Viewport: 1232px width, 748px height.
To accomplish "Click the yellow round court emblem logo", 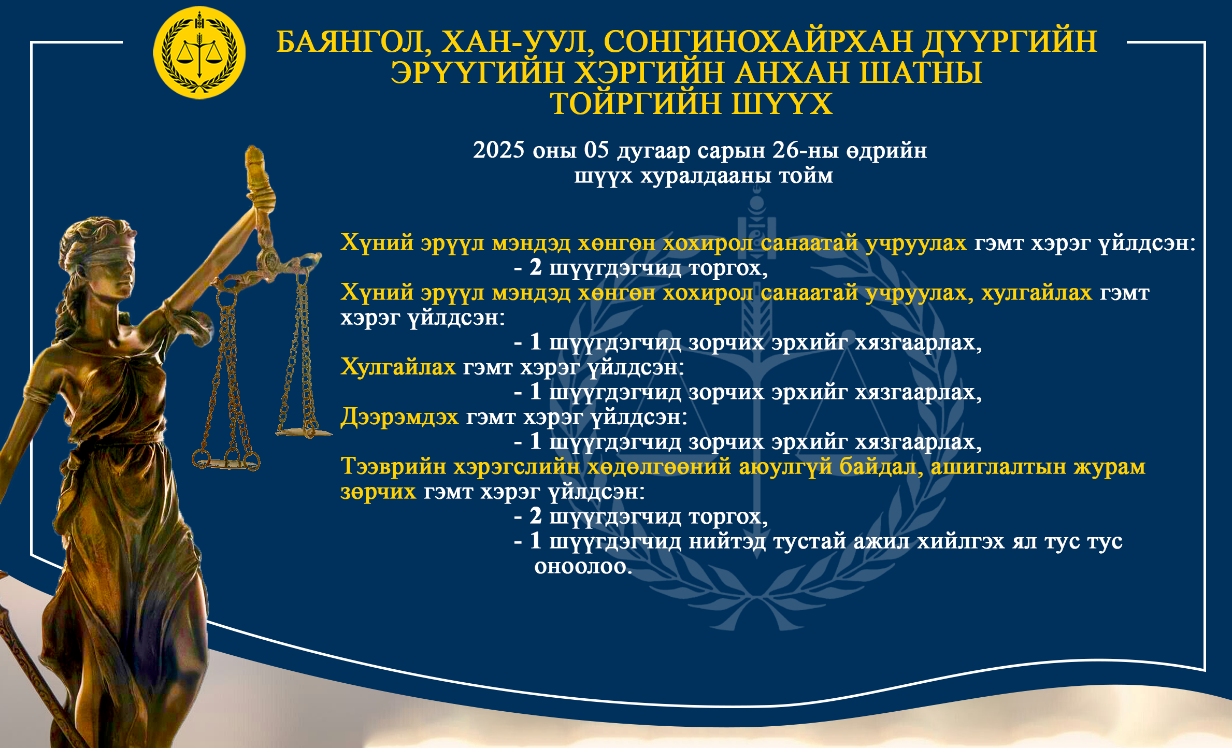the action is pyautogui.click(x=199, y=53).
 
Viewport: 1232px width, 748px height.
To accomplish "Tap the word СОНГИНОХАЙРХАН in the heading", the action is pyautogui.click(x=758, y=41).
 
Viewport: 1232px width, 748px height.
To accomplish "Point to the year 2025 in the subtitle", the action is pyautogui.click(x=498, y=150).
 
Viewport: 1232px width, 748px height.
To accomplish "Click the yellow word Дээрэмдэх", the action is pyautogui.click(x=399, y=417).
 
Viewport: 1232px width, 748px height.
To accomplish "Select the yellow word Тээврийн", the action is pyautogui.click(x=393, y=467).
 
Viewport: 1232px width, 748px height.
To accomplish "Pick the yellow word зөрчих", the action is pyautogui.click(x=378, y=492).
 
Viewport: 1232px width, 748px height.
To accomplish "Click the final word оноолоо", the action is pyautogui.click(x=583, y=566).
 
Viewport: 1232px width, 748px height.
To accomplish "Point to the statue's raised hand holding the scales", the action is pyautogui.click(x=261, y=202).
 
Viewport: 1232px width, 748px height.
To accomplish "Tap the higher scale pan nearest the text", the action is pyautogui.click(x=304, y=431).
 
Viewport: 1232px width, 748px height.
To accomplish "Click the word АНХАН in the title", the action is pyautogui.click(x=792, y=73).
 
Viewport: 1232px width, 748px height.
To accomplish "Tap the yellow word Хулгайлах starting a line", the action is pyautogui.click(x=398, y=367).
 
